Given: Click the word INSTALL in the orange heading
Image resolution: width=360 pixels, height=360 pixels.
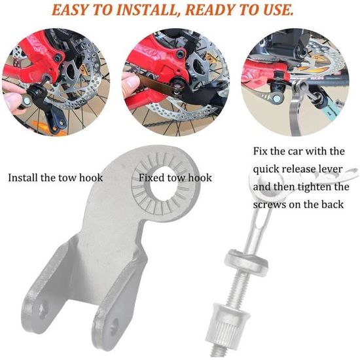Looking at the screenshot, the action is tap(147, 10).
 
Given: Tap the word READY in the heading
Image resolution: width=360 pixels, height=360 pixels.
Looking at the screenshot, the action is tap(211, 10).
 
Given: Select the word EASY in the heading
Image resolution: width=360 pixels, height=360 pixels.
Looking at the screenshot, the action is tap(69, 10).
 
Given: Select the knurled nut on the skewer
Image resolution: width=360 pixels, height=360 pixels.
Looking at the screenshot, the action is tap(221, 324).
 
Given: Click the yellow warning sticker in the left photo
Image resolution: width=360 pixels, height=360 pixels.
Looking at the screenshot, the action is tap(83, 68).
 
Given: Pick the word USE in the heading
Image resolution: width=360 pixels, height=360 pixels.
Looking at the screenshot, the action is tap(278, 10).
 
